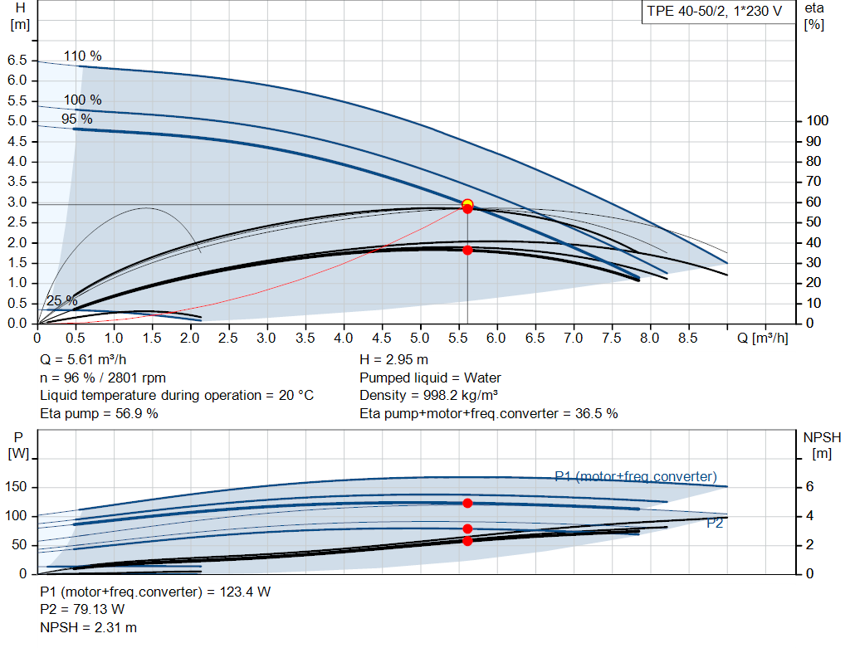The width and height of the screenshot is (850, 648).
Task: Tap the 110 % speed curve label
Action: coord(82,56)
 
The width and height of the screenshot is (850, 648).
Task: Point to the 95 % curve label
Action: coord(77,119)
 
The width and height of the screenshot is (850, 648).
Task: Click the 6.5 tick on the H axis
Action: coord(17,61)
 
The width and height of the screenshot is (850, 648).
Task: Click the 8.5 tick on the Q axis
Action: coord(687,339)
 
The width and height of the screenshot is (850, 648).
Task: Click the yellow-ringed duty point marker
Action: coord(467,204)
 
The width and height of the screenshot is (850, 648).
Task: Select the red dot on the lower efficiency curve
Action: coord(467,250)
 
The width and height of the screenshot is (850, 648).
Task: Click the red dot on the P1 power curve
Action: coord(467,503)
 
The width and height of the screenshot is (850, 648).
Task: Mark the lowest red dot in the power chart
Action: coord(467,541)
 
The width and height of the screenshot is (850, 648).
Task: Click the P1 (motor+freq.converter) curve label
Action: coord(635,476)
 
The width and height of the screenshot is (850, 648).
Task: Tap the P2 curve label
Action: coord(715,524)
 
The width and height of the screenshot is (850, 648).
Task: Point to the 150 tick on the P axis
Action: coord(17,487)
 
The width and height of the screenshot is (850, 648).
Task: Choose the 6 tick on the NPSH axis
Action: coord(809,487)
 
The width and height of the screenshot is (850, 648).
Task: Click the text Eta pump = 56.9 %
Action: coord(99,412)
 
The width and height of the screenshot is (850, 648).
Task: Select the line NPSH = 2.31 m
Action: coord(89,627)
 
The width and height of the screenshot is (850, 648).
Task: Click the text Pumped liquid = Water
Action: coord(430,378)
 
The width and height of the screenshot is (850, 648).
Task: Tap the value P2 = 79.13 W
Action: coord(82,610)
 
